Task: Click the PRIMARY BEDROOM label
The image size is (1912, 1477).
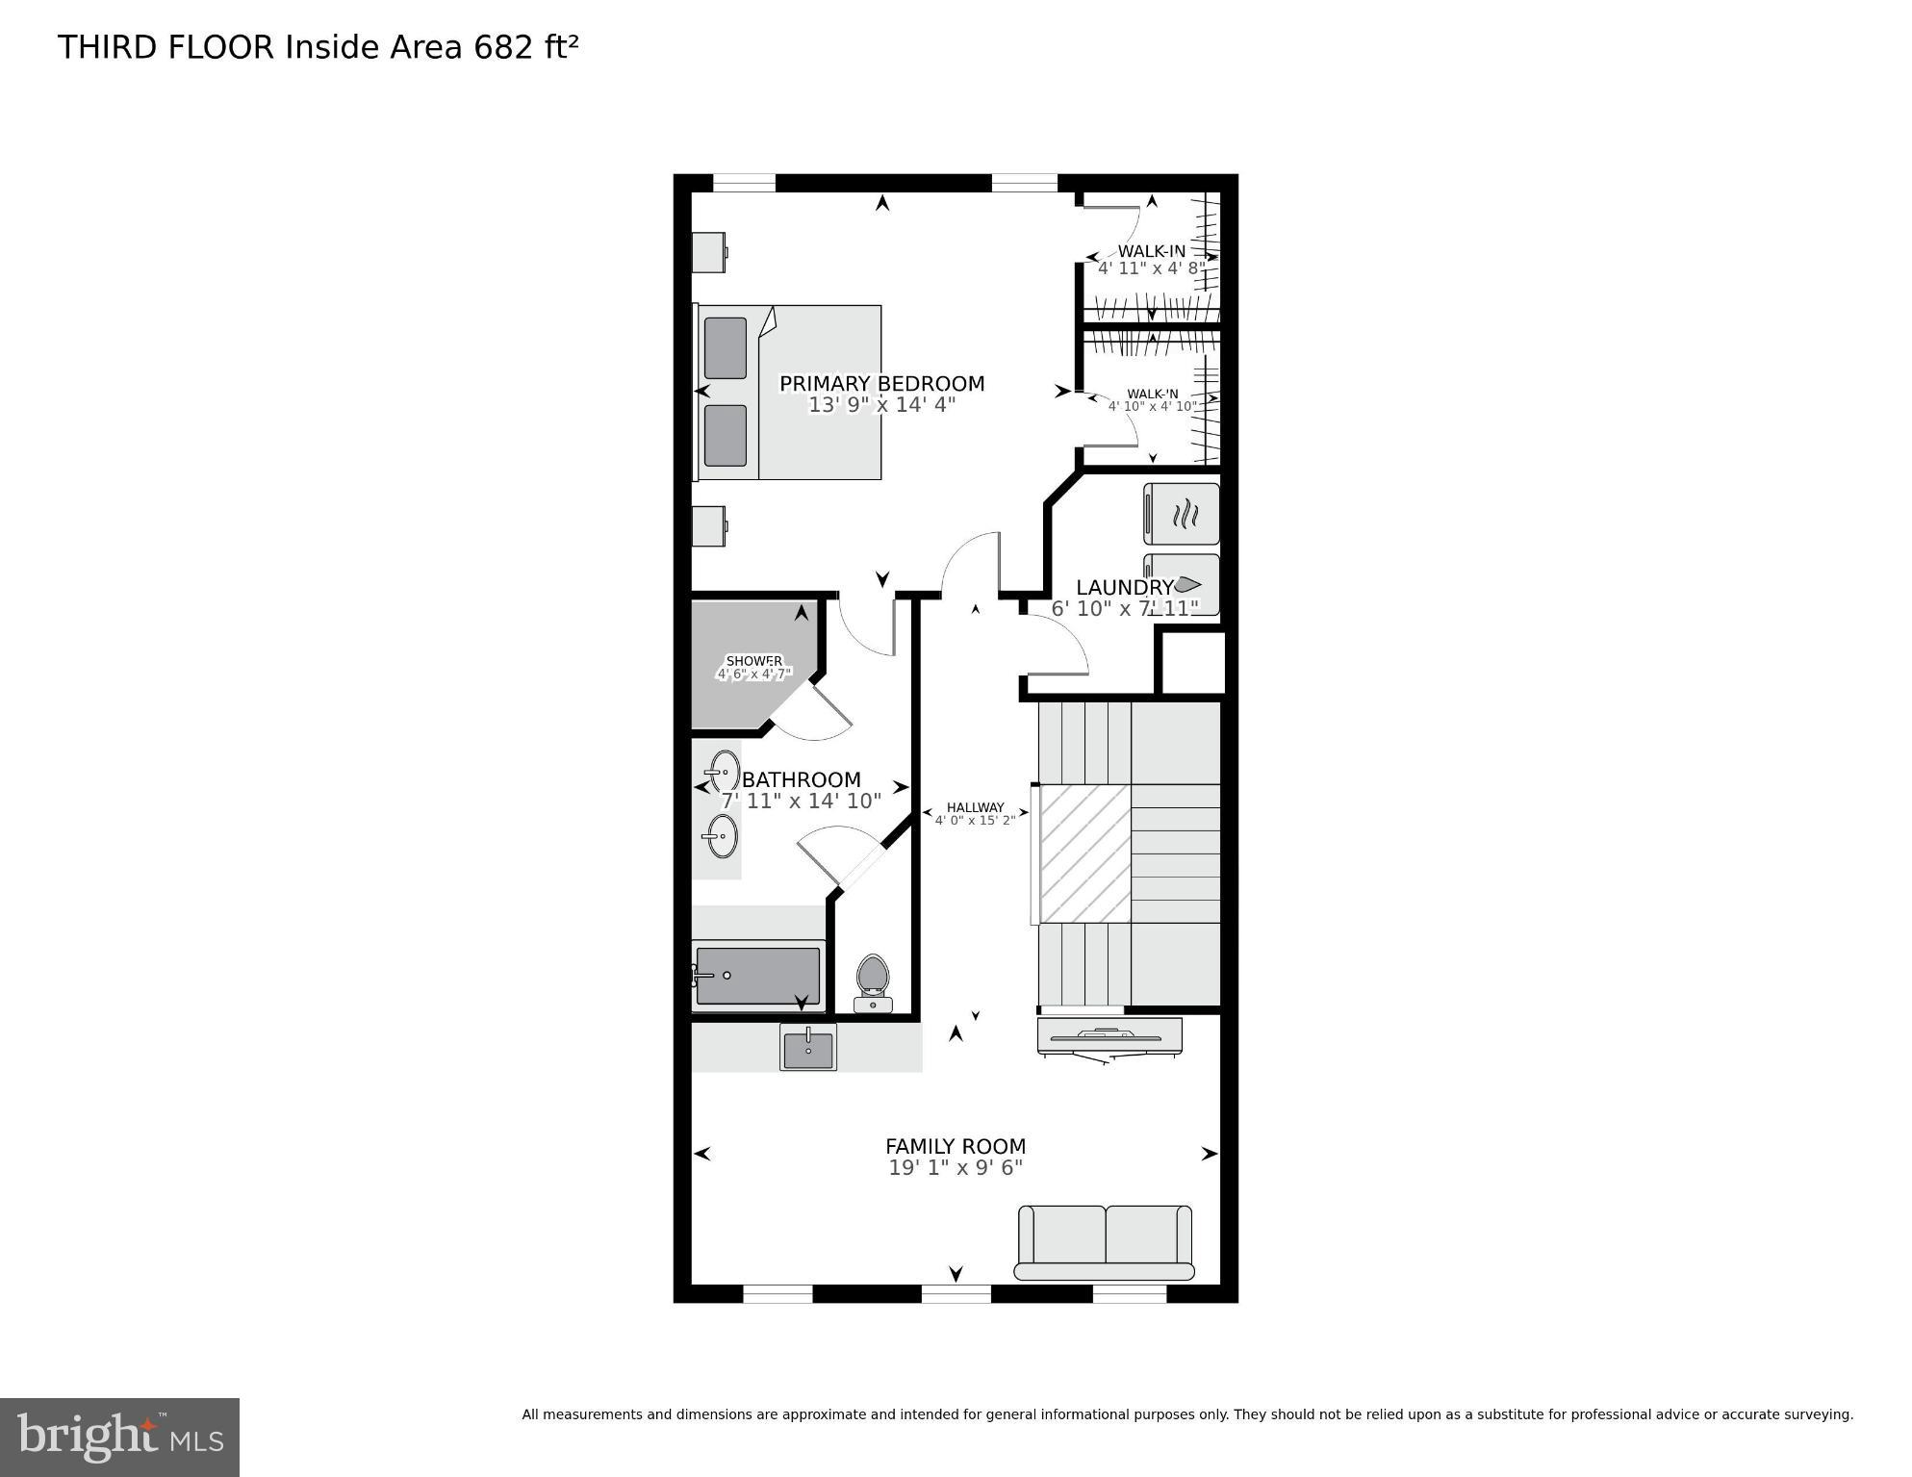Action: [x=881, y=384]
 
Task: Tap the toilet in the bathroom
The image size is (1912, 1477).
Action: [x=873, y=981]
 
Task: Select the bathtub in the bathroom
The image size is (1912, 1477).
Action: [x=758, y=976]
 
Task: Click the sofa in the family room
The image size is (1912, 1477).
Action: [x=1105, y=1241]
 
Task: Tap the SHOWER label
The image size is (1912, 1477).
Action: [x=753, y=661]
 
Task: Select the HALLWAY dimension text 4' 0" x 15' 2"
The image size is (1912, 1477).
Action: [x=975, y=821]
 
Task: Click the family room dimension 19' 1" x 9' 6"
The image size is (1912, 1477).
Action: [x=956, y=1168]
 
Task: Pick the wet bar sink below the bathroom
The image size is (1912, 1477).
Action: [x=808, y=1048]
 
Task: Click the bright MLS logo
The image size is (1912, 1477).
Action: [x=119, y=1437]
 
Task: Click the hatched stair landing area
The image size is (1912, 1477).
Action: [x=1084, y=853]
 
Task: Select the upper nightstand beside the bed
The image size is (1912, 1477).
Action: [x=708, y=252]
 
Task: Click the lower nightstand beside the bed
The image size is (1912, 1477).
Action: [x=708, y=525]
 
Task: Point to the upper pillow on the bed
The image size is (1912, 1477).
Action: [x=725, y=348]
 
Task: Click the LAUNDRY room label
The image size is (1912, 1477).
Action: [x=1123, y=587]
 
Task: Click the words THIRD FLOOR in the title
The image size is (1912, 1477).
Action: [x=166, y=47]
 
